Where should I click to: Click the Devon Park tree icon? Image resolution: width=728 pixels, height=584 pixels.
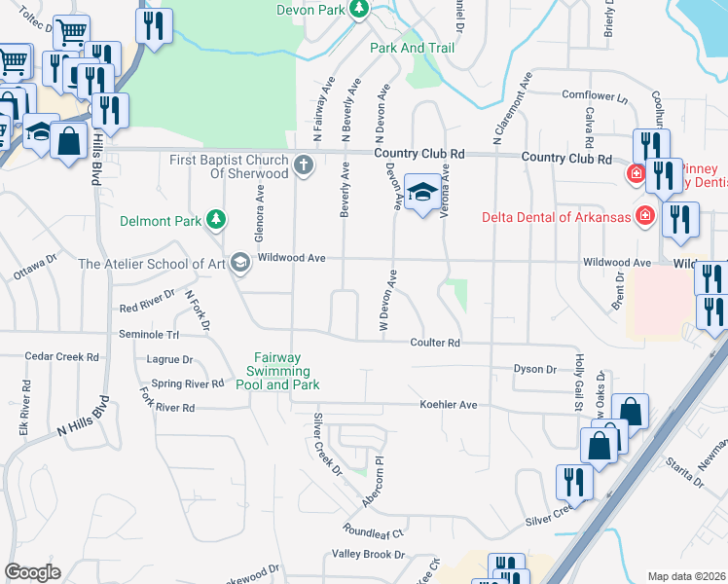click(x=359, y=9)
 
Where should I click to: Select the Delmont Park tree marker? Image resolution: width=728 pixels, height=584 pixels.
click(x=216, y=221)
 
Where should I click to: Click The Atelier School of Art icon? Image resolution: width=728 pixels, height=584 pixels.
click(x=239, y=263)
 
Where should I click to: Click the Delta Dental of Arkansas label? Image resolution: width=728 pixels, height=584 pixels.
click(x=556, y=216)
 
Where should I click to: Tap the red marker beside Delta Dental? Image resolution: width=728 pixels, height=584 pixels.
click(x=643, y=215)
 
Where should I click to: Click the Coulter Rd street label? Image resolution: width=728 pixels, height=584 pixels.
click(x=434, y=343)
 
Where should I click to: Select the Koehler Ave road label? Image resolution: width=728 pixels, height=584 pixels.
click(x=448, y=404)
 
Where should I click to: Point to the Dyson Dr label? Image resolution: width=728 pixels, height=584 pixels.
click(x=534, y=369)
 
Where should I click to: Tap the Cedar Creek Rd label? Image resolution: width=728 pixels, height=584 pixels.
click(x=62, y=357)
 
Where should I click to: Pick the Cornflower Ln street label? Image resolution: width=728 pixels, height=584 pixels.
click(x=596, y=94)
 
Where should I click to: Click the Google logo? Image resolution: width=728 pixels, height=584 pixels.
click(x=32, y=572)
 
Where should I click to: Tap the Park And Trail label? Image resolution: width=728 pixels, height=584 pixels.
click(x=412, y=48)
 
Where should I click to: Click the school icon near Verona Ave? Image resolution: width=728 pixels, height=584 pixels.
click(x=421, y=193)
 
